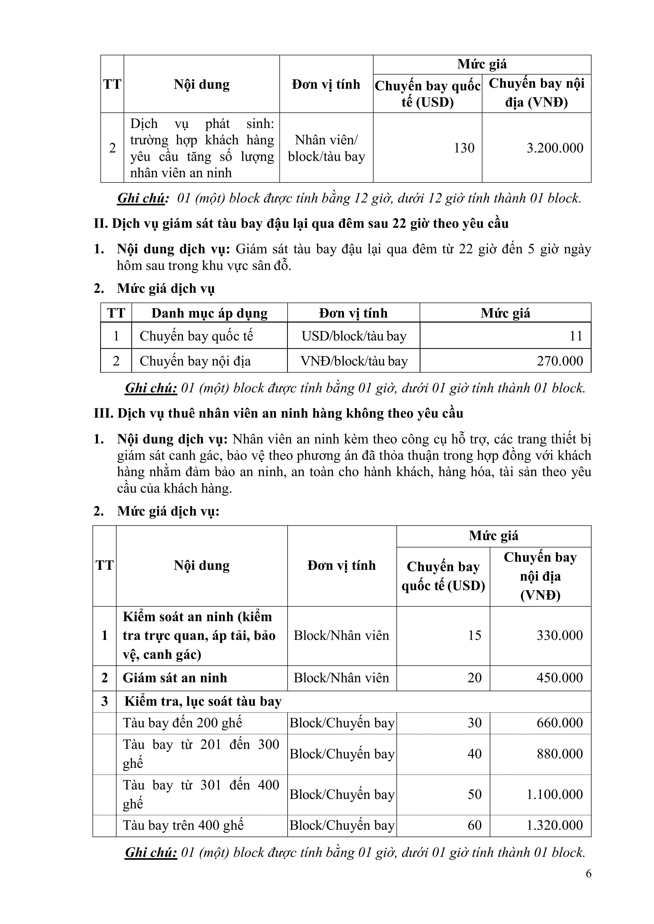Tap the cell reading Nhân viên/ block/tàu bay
click(x=326, y=148)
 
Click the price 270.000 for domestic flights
click(x=560, y=361)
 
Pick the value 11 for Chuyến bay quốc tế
click(x=576, y=336)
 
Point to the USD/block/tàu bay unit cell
click(x=354, y=336)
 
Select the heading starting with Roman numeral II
click(x=301, y=223)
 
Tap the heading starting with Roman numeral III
click(x=278, y=413)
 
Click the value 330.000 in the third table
click(x=560, y=635)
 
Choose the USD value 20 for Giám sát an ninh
click(x=474, y=678)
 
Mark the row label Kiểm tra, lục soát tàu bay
click(x=203, y=701)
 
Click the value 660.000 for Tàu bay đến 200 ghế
click(x=560, y=723)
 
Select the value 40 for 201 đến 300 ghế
click(x=474, y=754)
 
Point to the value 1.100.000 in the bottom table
click(x=554, y=794)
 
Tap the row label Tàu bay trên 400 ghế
click(x=183, y=826)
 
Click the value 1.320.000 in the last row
click(x=554, y=826)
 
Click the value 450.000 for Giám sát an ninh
click(x=560, y=678)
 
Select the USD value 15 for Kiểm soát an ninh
click(x=474, y=635)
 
